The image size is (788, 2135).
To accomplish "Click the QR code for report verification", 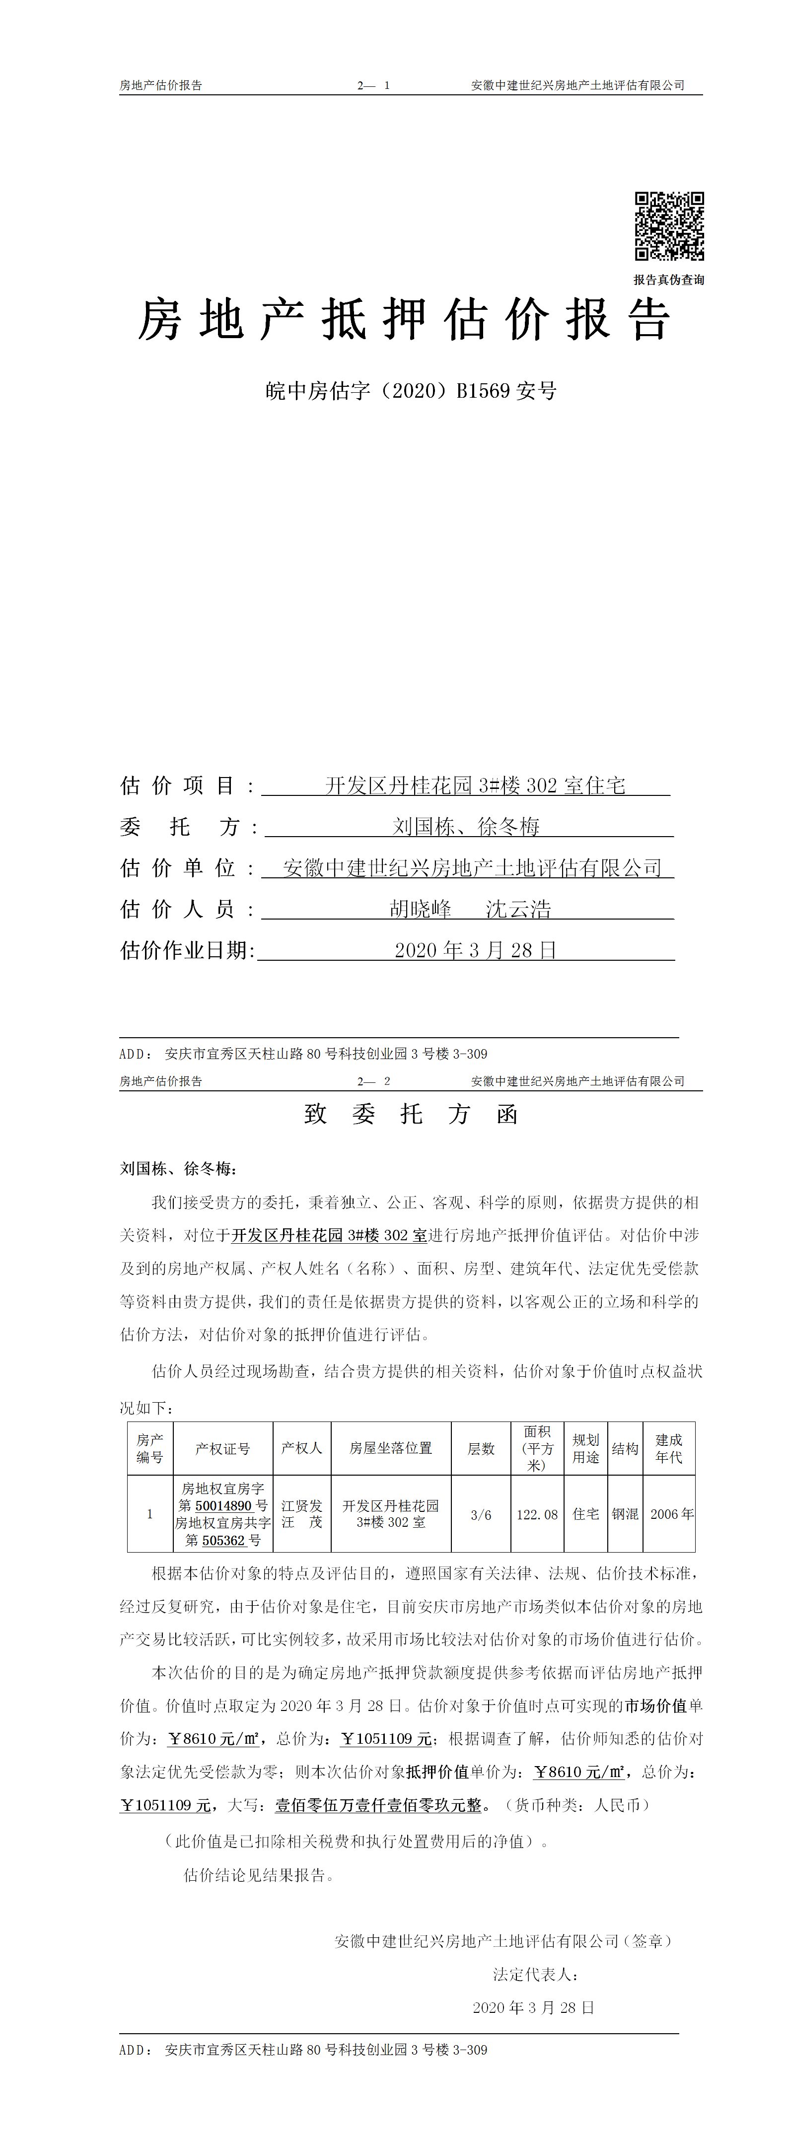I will pos(669,226).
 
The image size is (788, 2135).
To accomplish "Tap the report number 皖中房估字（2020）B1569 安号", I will pos(411,391).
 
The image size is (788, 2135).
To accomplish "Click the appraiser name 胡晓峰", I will pos(421,909).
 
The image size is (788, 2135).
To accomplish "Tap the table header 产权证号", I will pos(222,1449).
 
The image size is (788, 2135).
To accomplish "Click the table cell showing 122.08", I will pos(537,1515).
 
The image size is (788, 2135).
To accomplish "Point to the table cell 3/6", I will pos(481,1515).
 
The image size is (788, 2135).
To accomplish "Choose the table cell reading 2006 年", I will pos(671,1514).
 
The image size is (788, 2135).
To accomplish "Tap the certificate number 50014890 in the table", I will pos(223,1506).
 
